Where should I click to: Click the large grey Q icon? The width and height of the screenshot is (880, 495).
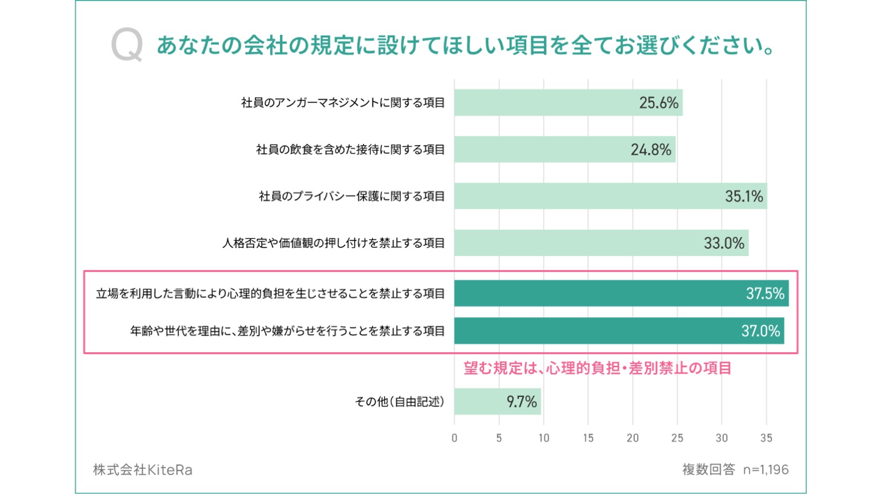126,46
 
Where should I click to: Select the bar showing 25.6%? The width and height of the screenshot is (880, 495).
568,103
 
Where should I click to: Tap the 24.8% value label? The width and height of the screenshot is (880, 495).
651,150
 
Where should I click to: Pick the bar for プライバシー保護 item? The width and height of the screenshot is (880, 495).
610,196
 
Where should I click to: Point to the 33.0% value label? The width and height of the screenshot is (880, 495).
724,243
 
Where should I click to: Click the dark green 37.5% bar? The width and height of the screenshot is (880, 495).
621,293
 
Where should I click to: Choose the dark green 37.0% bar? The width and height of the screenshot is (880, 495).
619,331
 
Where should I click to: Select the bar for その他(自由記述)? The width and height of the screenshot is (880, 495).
497,401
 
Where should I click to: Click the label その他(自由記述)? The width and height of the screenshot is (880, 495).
399,402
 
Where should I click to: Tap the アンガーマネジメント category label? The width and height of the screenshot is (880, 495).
343,103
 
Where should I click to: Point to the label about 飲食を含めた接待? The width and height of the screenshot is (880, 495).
350,150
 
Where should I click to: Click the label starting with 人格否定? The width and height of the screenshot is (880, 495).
333,243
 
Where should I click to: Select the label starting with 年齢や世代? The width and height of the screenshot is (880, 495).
287,331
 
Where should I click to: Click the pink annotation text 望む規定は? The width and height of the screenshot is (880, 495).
597,368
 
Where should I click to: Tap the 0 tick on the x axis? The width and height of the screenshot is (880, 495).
454,438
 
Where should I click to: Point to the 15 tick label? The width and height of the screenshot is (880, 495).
588,438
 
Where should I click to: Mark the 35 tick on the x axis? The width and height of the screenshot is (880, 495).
766,438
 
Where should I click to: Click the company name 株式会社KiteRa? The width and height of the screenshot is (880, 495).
143,470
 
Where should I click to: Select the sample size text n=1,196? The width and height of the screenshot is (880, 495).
766,470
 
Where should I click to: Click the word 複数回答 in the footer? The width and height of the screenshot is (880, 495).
709,470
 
